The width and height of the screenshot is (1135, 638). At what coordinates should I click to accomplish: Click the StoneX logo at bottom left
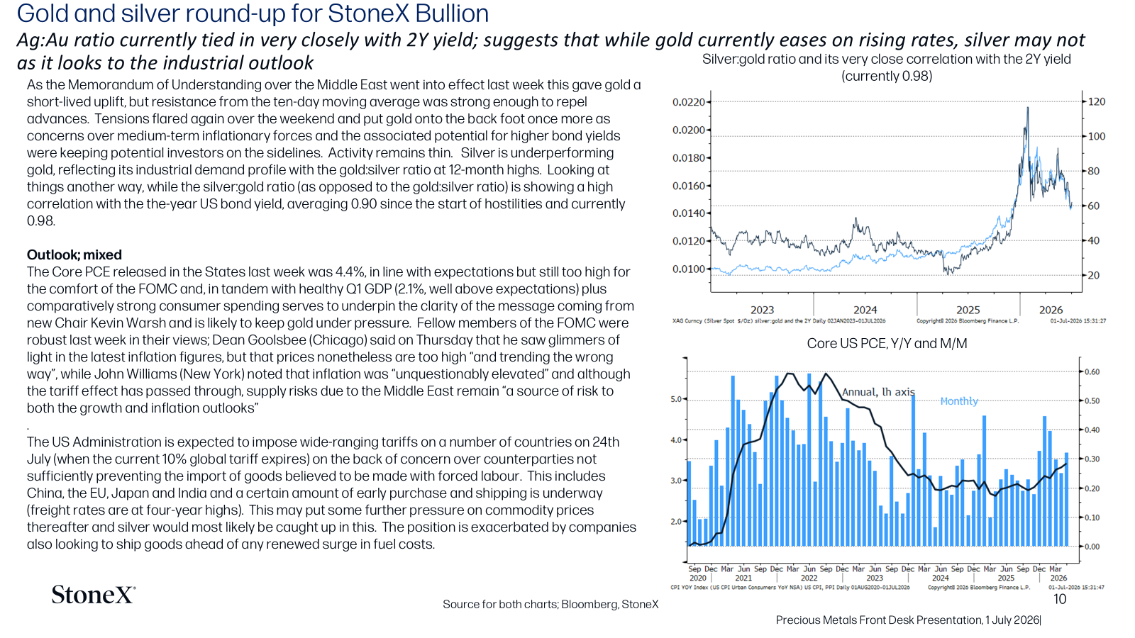pyautogui.click(x=93, y=595)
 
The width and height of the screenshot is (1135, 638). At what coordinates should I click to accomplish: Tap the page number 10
pyautogui.click(x=1060, y=600)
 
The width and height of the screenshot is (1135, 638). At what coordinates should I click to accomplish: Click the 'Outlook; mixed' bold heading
pyautogui.click(x=74, y=254)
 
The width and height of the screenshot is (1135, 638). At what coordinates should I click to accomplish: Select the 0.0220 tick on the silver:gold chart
pyautogui.click(x=689, y=102)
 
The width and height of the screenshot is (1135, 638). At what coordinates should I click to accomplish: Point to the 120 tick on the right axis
pyautogui.click(x=1097, y=102)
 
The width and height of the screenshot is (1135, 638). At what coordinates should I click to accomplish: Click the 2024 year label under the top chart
pyautogui.click(x=865, y=310)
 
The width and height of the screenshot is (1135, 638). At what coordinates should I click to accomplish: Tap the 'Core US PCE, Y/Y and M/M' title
pyautogui.click(x=887, y=344)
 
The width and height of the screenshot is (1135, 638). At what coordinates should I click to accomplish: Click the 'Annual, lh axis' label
pyautogui.click(x=878, y=392)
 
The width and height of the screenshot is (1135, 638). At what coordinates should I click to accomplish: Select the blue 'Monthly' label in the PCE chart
pyautogui.click(x=958, y=401)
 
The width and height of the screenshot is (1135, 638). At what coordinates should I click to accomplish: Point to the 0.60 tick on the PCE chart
pyautogui.click(x=1092, y=372)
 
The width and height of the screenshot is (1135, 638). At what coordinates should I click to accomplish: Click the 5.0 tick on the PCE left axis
pyautogui.click(x=677, y=399)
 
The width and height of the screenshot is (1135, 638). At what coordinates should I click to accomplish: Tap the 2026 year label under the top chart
pyautogui.click(x=1051, y=310)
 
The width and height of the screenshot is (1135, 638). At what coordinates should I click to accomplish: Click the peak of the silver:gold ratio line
pyautogui.click(x=1028, y=107)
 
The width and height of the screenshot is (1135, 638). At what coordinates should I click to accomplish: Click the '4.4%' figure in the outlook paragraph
pyautogui.click(x=350, y=272)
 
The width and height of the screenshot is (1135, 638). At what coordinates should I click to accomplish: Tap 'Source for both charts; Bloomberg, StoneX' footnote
pyautogui.click(x=550, y=604)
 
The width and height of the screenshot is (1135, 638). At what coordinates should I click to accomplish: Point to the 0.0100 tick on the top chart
pyautogui.click(x=689, y=269)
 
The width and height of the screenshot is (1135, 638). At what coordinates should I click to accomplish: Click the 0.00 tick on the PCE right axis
pyautogui.click(x=1092, y=547)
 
